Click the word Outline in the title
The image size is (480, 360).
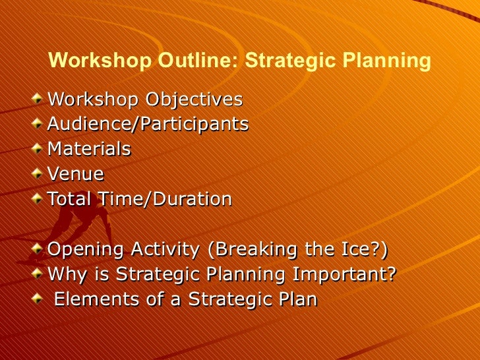tap(197, 61)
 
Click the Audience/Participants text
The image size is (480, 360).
tap(148, 124)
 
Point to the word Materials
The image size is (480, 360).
tap(89, 149)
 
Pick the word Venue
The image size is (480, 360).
tap(76, 174)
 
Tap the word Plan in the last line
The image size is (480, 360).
tap(297, 299)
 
